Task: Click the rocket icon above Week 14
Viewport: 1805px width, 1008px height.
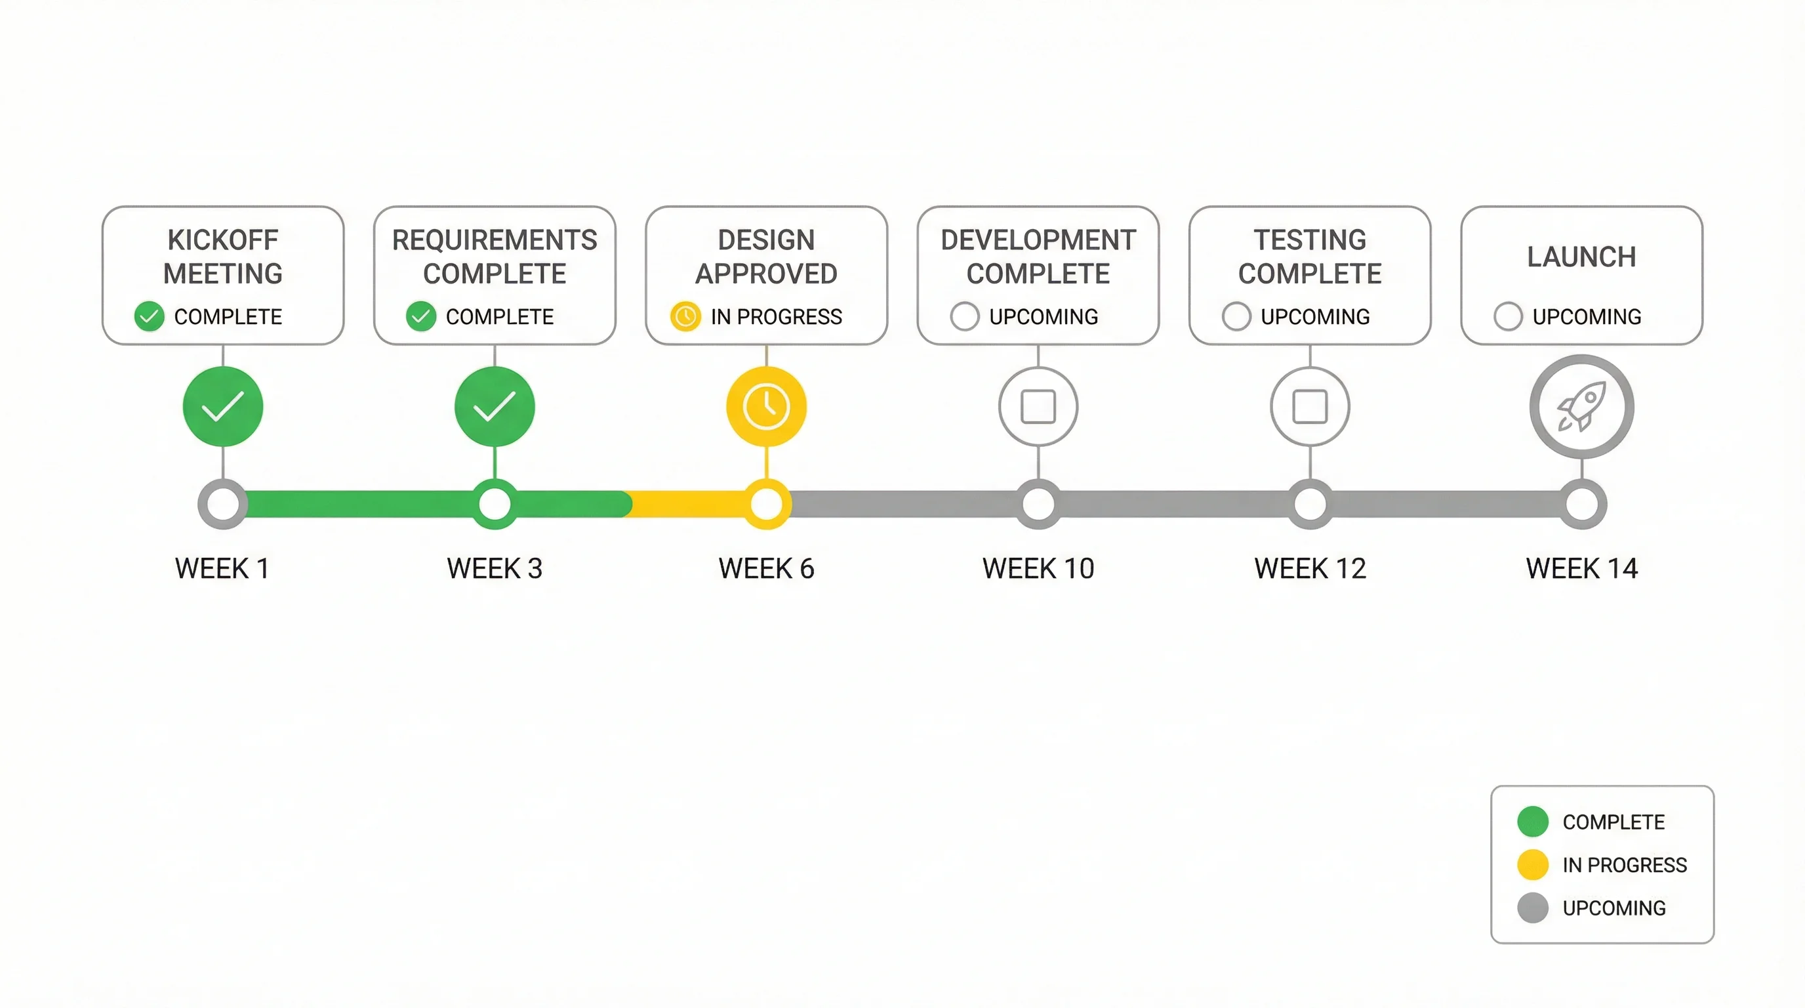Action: click(x=1581, y=407)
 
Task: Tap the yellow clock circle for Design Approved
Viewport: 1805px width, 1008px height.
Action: click(x=767, y=407)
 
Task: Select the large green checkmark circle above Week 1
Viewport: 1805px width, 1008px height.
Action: click(x=223, y=407)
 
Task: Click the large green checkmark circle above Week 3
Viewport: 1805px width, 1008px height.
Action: click(x=495, y=407)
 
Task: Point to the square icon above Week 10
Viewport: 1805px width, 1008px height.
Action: click(x=1038, y=407)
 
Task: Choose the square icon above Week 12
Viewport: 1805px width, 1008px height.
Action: click(x=1310, y=407)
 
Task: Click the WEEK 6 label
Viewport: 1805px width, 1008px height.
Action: click(x=767, y=568)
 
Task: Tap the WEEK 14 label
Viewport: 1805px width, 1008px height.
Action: click(x=1581, y=568)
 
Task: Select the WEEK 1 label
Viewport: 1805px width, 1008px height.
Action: click(x=223, y=568)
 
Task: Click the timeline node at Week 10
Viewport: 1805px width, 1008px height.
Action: click(x=1038, y=504)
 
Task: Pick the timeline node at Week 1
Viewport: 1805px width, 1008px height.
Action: click(x=223, y=504)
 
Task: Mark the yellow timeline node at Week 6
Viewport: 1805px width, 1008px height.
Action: click(x=767, y=504)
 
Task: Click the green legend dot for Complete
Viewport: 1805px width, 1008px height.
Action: click(x=1532, y=822)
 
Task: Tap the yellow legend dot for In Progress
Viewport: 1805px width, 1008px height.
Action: click(x=1532, y=864)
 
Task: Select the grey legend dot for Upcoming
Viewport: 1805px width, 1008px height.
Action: click(x=1532, y=908)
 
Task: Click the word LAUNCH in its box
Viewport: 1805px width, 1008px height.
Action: click(x=1581, y=257)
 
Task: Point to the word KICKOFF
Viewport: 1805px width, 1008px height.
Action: click(x=223, y=240)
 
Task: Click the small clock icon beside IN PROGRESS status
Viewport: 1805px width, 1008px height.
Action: click(x=685, y=316)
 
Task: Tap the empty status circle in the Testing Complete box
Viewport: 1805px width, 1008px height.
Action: click(x=1236, y=316)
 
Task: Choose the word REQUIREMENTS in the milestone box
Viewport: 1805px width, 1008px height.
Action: click(x=495, y=240)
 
